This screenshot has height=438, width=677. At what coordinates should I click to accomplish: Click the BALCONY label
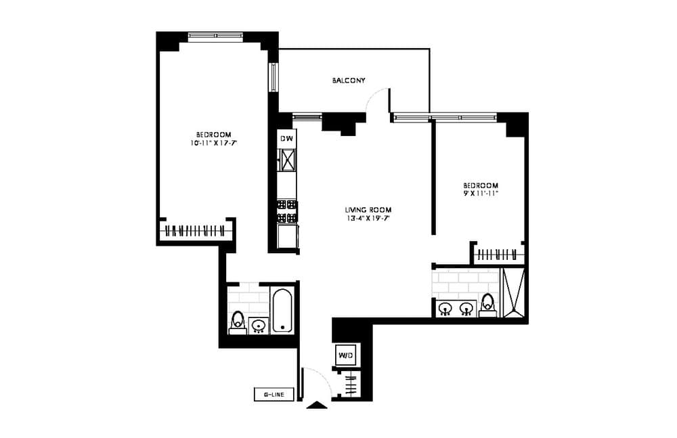click(349, 81)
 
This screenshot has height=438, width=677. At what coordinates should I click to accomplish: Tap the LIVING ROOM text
click(368, 209)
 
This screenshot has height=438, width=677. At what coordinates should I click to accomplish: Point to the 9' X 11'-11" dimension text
click(481, 193)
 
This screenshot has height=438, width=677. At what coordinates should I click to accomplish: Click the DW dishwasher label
click(286, 139)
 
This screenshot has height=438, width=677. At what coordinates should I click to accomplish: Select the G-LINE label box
click(274, 395)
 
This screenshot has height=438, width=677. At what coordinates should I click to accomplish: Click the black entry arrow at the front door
click(316, 405)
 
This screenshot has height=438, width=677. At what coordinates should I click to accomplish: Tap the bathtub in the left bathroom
click(282, 311)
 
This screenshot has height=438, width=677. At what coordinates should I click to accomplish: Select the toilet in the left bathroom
click(237, 322)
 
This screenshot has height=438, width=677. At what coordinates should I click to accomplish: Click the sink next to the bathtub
click(258, 326)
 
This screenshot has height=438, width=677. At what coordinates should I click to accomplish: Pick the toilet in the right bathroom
click(487, 305)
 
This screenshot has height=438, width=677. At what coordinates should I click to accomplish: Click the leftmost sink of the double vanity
click(445, 309)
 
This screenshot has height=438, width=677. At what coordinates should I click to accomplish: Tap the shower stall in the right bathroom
click(512, 292)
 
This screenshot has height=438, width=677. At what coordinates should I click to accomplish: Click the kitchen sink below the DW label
click(288, 160)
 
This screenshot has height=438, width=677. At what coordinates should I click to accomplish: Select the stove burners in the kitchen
click(287, 211)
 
